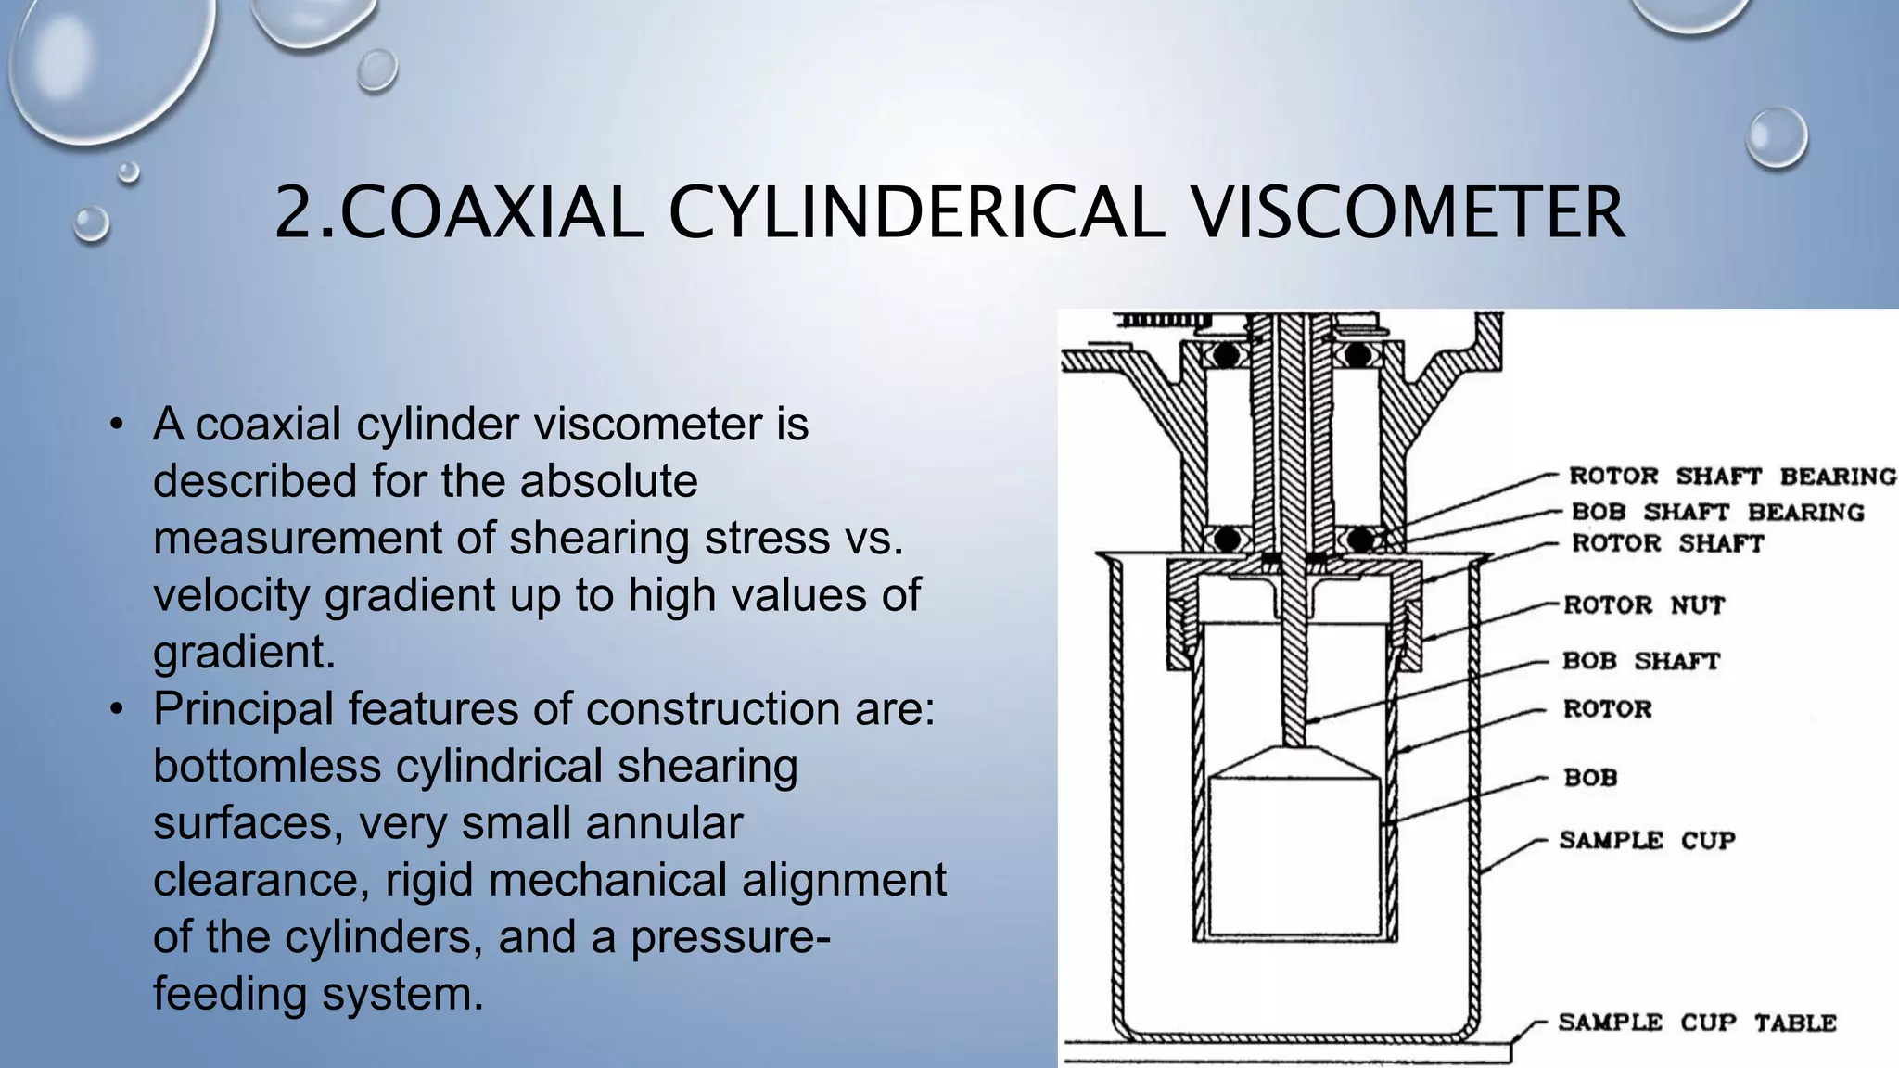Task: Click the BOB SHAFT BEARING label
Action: click(1717, 512)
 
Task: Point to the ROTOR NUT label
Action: click(1644, 605)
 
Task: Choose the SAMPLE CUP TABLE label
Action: click(1697, 1023)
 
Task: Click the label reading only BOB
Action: click(1590, 777)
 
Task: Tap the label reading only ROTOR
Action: click(1608, 709)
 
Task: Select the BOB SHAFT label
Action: click(1641, 661)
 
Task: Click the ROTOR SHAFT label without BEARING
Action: click(1667, 543)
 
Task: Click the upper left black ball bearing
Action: click(1227, 354)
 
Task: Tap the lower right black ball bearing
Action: click(1361, 539)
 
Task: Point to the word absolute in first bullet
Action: click(608, 481)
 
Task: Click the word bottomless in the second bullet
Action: click(267, 766)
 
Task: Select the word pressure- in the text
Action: click(731, 936)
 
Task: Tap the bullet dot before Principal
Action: click(116, 710)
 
